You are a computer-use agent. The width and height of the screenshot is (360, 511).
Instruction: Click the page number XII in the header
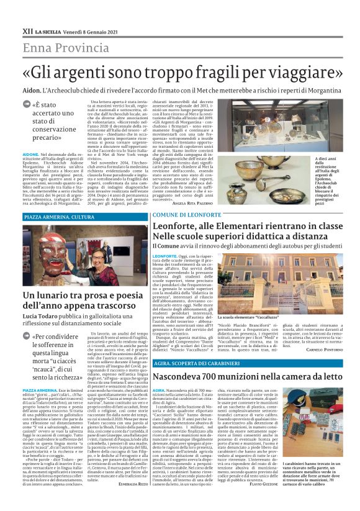(x=27, y=30)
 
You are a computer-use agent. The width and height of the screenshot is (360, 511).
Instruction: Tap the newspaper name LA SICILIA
(x=48, y=30)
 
